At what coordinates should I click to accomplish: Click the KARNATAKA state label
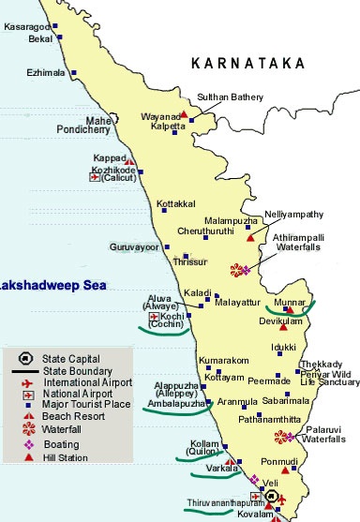tap(247, 63)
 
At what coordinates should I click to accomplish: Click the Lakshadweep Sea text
tap(42, 282)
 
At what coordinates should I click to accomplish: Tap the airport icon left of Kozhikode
tap(95, 176)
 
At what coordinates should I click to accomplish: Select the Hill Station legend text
tap(66, 457)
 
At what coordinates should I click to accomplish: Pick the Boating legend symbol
tap(26, 445)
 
